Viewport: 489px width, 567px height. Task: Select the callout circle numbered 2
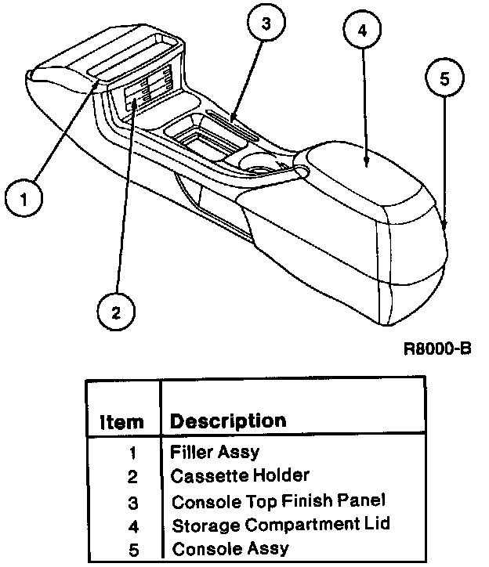pyautogui.click(x=116, y=312)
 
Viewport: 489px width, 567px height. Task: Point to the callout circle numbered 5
pyautogui.click(x=444, y=79)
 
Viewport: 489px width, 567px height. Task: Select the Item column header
pyautogui.click(x=121, y=422)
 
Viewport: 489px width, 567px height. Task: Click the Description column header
pyautogui.click(x=228, y=421)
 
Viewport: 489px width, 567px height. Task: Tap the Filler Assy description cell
pyautogui.click(x=214, y=452)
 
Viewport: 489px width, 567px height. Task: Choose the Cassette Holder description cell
pyautogui.click(x=240, y=475)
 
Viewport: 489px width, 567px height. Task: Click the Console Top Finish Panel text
pyautogui.click(x=279, y=500)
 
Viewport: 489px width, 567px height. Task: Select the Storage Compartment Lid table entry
pyautogui.click(x=281, y=524)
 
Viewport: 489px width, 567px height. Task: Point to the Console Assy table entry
pyautogui.click(x=230, y=548)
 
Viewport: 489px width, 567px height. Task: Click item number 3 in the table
pyautogui.click(x=132, y=501)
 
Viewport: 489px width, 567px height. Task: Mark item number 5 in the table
pyautogui.click(x=132, y=548)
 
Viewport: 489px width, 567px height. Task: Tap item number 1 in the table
pyautogui.click(x=132, y=453)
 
